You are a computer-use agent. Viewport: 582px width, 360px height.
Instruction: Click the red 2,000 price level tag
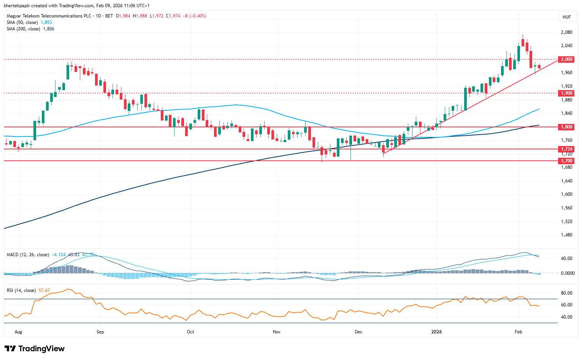[x=566, y=59]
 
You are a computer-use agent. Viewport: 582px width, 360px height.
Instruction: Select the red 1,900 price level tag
[x=566, y=93]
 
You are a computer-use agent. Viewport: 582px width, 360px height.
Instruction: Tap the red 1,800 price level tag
[x=566, y=127]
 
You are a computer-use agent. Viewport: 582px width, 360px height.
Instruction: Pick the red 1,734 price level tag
[x=566, y=149]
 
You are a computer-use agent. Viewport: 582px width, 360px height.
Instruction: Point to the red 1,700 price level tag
[x=566, y=161]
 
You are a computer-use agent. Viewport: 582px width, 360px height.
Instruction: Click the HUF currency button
[x=566, y=17]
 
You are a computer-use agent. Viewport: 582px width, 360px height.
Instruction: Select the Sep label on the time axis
[x=100, y=332]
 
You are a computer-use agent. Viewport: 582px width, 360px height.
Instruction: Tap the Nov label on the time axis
[x=277, y=332]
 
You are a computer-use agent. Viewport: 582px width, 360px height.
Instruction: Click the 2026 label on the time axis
[x=436, y=332]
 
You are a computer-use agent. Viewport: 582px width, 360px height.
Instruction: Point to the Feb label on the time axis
[x=518, y=332]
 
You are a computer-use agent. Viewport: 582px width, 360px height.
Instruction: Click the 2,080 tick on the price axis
[x=566, y=32]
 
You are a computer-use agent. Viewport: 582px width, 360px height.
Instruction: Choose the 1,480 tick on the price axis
[x=566, y=235]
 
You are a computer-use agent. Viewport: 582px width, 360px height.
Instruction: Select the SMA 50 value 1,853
[x=46, y=22]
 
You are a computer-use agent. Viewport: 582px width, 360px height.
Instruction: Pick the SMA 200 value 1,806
[x=49, y=29]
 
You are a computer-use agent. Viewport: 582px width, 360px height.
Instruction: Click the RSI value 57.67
[x=44, y=290]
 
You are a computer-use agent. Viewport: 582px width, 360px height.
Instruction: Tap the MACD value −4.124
[x=59, y=255]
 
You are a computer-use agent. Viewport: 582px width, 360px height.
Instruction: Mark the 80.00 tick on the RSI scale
[x=566, y=293]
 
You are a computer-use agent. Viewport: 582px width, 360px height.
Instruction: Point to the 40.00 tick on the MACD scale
[x=566, y=259]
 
